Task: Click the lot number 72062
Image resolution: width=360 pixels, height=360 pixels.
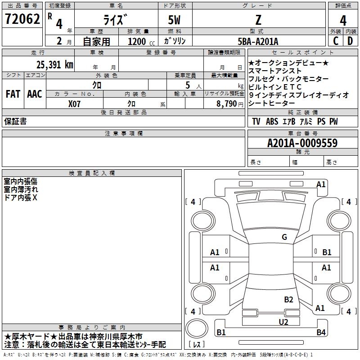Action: tap(22, 19)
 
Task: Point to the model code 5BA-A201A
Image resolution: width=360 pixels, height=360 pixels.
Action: tap(258, 41)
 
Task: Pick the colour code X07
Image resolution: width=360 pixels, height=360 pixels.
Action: tap(75, 103)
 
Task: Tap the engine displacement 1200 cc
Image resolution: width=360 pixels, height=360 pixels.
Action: tap(139, 41)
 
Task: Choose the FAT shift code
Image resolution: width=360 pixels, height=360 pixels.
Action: tap(13, 94)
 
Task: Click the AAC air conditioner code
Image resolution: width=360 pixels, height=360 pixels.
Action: tap(34, 94)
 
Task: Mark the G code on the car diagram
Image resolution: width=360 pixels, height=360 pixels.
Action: tap(284, 237)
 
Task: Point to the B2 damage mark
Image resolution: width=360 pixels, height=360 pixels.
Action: tap(288, 299)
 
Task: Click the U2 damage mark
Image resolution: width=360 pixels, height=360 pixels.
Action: tap(283, 322)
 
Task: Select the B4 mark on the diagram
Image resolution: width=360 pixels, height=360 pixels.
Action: tap(320, 333)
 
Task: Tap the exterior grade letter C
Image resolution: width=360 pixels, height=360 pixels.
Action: tap(335, 41)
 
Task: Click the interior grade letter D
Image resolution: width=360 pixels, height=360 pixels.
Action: tap(350, 41)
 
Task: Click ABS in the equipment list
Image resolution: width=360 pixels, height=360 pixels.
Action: tap(272, 121)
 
